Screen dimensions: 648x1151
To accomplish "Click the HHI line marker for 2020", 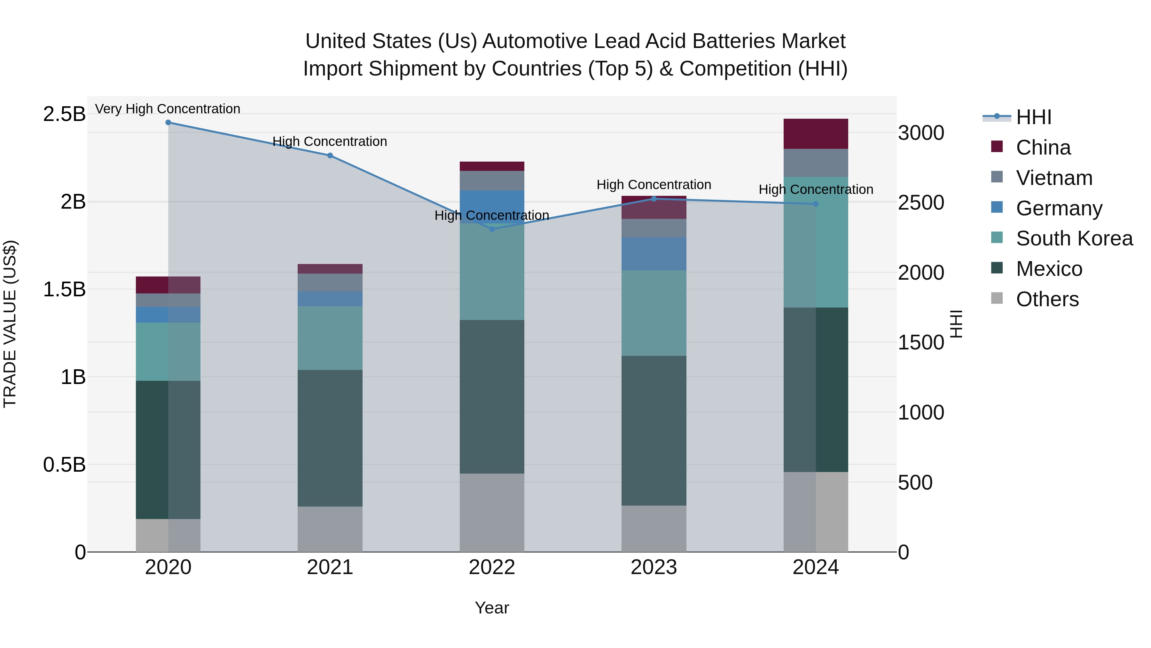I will pos(168,123).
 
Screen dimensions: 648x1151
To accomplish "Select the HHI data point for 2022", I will pos(492,229).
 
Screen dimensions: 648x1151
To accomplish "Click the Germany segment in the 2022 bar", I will pos(492,207).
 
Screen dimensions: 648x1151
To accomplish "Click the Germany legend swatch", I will pos(997,207).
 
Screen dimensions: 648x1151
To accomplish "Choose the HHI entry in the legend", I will pos(1033,117).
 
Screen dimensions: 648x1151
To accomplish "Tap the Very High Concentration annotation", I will pos(168,109).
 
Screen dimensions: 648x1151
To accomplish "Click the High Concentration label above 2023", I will pos(654,184).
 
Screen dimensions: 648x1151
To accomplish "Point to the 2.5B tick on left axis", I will pos(64,114).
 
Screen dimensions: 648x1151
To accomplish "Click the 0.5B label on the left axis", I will pos(64,465).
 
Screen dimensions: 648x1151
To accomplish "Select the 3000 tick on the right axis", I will pos(921,133).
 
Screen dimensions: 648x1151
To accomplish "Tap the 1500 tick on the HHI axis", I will pos(921,342).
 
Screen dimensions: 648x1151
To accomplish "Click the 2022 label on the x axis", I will pos(492,567).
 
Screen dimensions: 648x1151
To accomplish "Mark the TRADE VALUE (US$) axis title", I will pos(10,324).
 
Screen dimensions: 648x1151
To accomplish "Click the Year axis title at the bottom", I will pos(492,608).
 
